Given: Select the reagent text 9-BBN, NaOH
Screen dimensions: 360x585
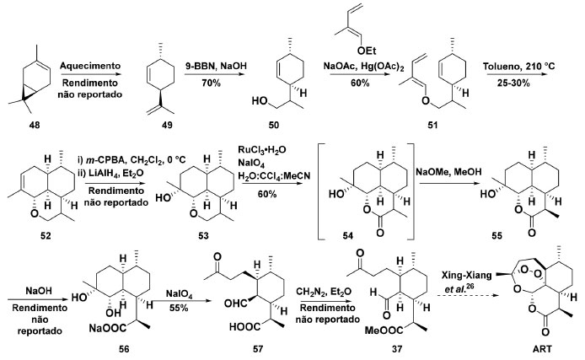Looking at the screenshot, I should (231, 61).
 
